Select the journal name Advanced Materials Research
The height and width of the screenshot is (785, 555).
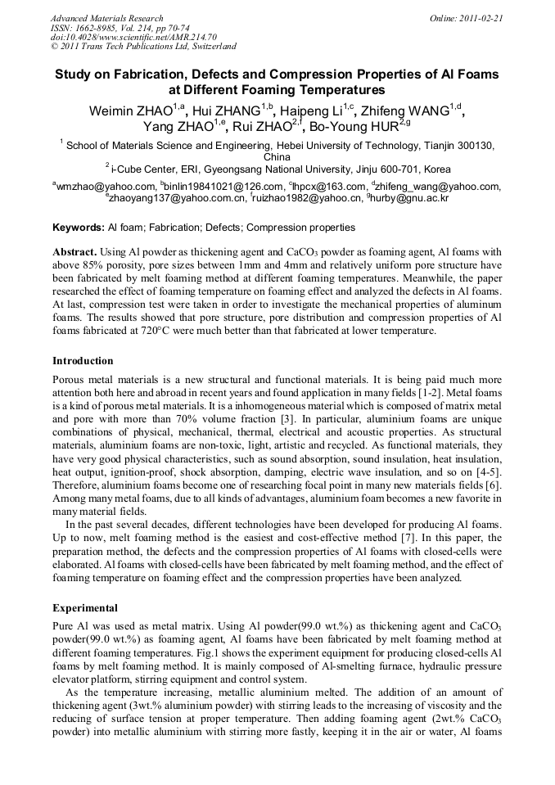pyautogui.click(x=106, y=18)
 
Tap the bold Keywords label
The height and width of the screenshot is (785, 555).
pyautogui.click(x=79, y=228)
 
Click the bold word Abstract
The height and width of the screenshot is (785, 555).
pyautogui.click(x=76, y=253)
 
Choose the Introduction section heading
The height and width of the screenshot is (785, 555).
pyautogui.click(x=83, y=361)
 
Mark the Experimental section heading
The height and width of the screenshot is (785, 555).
pyautogui.click(x=86, y=608)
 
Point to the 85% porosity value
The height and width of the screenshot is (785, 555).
pyautogui.click(x=97, y=266)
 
